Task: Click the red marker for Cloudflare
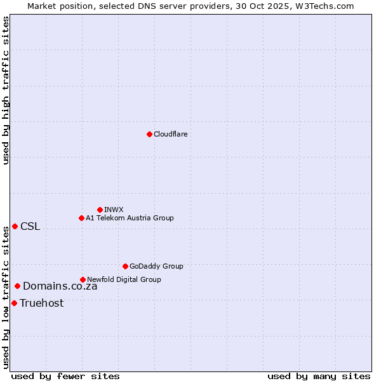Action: (x=149, y=134)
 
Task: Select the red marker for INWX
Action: (x=100, y=210)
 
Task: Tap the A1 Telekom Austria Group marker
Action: (x=81, y=218)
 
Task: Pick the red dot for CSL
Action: (x=15, y=227)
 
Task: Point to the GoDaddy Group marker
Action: (x=125, y=266)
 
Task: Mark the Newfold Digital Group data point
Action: (x=83, y=279)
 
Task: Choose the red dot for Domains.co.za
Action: (x=17, y=286)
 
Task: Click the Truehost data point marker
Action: (x=14, y=303)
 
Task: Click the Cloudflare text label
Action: (x=171, y=134)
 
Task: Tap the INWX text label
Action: (x=114, y=210)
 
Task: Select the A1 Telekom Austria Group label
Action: (x=130, y=218)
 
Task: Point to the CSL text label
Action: (x=30, y=227)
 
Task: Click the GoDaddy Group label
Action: (x=156, y=266)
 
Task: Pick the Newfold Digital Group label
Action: (x=124, y=279)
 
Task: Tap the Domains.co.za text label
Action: (x=60, y=286)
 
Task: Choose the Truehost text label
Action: (x=41, y=303)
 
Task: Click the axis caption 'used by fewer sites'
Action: (x=65, y=376)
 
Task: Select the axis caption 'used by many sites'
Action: (x=319, y=376)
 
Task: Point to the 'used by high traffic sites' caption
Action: (x=6, y=90)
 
